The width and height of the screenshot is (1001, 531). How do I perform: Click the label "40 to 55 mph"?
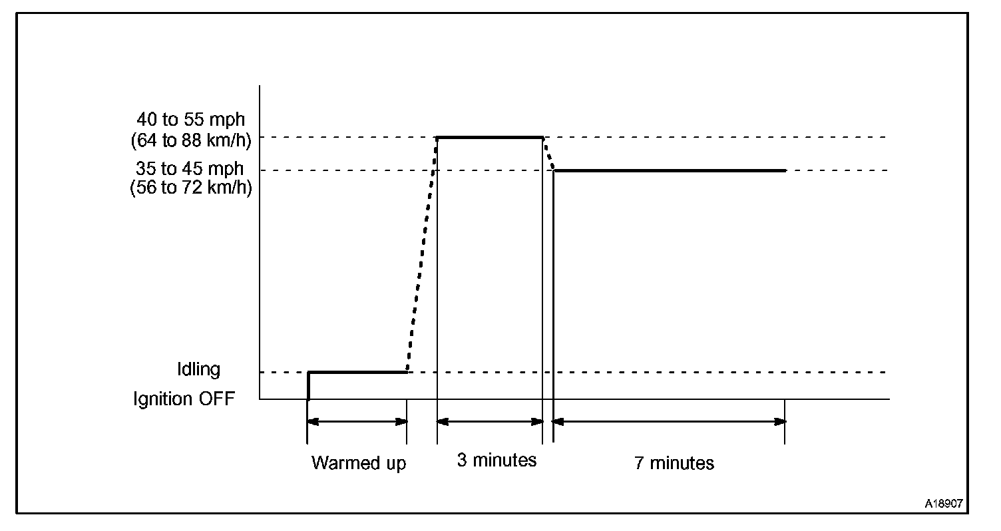[x=190, y=120]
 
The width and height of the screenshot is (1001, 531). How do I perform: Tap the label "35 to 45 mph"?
[x=190, y=169]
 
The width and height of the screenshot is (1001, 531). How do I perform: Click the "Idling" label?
[x=198, y=369]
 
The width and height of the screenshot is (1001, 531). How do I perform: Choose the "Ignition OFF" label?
[x=184, y=399]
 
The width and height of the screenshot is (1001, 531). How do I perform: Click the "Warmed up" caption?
[x=358, y=462]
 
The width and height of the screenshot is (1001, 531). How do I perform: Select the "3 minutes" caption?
[x=497, y=460]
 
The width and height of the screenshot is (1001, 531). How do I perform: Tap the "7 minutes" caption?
[x=674, y=462]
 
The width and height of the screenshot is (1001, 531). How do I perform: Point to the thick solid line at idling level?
[x=357, y=372]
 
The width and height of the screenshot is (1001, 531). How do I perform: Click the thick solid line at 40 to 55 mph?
[x=490, y=137]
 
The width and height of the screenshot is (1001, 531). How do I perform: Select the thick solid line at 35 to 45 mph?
[x=670, y=170]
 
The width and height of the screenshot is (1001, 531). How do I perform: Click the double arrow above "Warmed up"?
[x=357, y=421]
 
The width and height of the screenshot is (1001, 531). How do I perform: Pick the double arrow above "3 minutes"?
[x=490, y=421]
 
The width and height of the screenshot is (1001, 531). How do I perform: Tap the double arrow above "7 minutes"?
[x=670, y=421]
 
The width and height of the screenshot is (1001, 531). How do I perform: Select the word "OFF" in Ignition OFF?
[x=216, y=399]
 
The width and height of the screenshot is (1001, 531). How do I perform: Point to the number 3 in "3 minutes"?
[x=461, y=460]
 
